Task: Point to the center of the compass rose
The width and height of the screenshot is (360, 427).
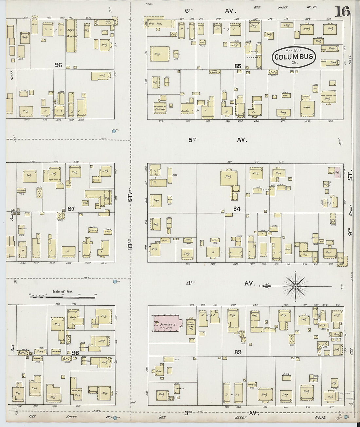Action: click(x=295, y=286)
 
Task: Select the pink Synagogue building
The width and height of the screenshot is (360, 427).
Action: click(x=167, y=323)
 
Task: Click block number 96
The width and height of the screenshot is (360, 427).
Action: click(x=58, y=65)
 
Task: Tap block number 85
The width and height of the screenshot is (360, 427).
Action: click(x=238, y=66)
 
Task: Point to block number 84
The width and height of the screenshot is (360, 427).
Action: click(x=237, y=209)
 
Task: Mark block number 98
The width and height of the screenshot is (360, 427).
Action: click(x=75, y=352)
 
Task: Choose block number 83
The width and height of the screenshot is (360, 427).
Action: click(x=238, y=352)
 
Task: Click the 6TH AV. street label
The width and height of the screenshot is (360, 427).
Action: click(x=209, y=11)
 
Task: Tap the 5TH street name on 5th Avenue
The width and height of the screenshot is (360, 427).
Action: click(x=192, y=139)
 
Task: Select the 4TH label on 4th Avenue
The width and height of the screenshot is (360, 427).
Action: click(x=191, y=283)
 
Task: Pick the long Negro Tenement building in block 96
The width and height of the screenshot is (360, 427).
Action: click(x=71, y=36)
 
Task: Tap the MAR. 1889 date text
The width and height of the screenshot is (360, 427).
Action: click(x=293, y=50)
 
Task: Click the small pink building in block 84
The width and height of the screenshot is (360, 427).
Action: click(x=337, y=172)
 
